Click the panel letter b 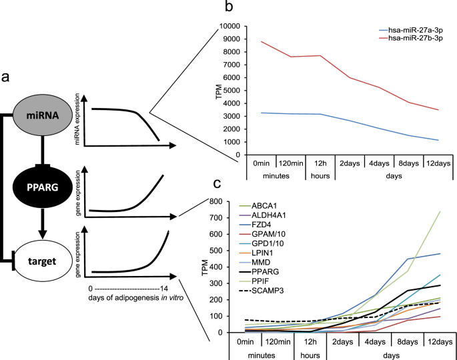pyautogui.click(x=229, y=8)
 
